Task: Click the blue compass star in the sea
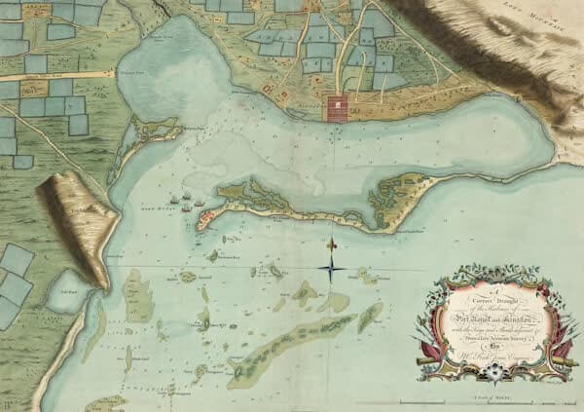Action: click(332, 264)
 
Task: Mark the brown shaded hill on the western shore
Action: click(78, 224)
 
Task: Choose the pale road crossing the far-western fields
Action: click(58, 74)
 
